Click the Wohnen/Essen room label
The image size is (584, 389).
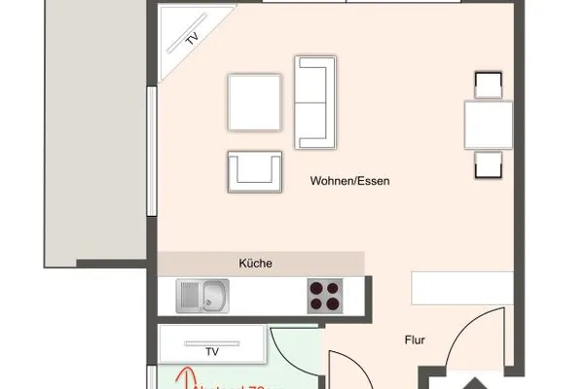[350, 181]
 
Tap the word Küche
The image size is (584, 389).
[255, 263]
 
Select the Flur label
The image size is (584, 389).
[418, 340]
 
